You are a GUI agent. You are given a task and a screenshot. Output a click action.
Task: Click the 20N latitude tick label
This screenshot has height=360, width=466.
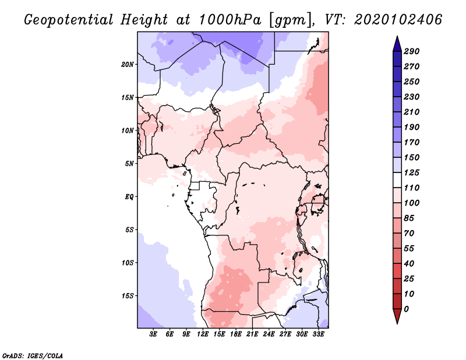coord(128,64)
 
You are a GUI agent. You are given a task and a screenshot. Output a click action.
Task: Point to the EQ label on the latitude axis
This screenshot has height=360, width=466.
coord(129,196)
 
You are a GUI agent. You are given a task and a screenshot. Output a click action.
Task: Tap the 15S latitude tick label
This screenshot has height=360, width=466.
coord(128,295)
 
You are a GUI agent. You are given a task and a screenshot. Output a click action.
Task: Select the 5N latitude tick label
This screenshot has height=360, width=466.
coord(129,163)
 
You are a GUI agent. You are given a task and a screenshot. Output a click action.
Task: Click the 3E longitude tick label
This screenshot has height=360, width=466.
coord(154,334)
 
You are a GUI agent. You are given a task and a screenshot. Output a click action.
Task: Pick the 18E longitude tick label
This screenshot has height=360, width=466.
coord(236,334)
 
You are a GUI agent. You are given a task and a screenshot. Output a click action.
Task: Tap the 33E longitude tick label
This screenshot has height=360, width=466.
coord(318,334)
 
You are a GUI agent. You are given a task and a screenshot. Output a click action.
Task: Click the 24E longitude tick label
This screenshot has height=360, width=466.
coord(269,334)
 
